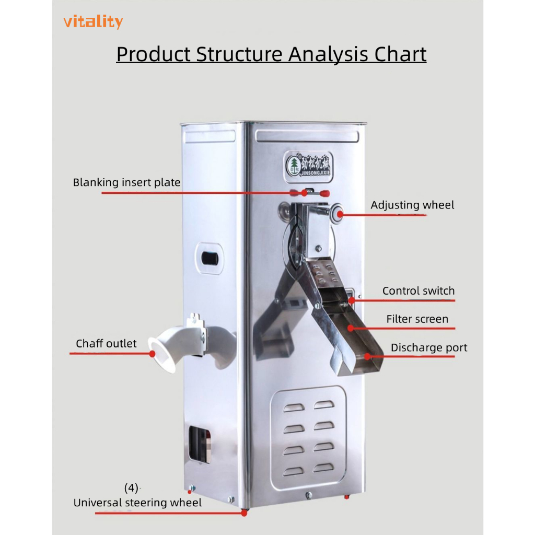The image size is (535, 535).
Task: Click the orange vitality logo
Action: click(93, 22)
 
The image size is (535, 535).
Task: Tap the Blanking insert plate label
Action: click(126, 183)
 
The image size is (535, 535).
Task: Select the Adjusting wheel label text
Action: click(412, 205)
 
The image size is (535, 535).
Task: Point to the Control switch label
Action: click(418, 291)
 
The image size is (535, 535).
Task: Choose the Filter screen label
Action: click(417, 319)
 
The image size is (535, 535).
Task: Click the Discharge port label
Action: click(428, 348)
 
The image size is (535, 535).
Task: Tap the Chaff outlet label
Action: click(106, 344)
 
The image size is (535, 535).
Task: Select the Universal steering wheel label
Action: click(137, 503)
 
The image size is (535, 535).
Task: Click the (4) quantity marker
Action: click(132, 488)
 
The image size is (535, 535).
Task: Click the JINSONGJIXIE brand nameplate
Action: click(307, 162)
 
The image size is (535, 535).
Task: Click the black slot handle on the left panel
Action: click(210, 258)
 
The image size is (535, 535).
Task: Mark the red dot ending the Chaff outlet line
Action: click(153, 353)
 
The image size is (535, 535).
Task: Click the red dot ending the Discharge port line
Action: click(368, 357)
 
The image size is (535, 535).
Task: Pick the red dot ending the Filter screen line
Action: click(351, 328)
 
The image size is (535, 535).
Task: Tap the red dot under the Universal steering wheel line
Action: click(244, 513)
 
